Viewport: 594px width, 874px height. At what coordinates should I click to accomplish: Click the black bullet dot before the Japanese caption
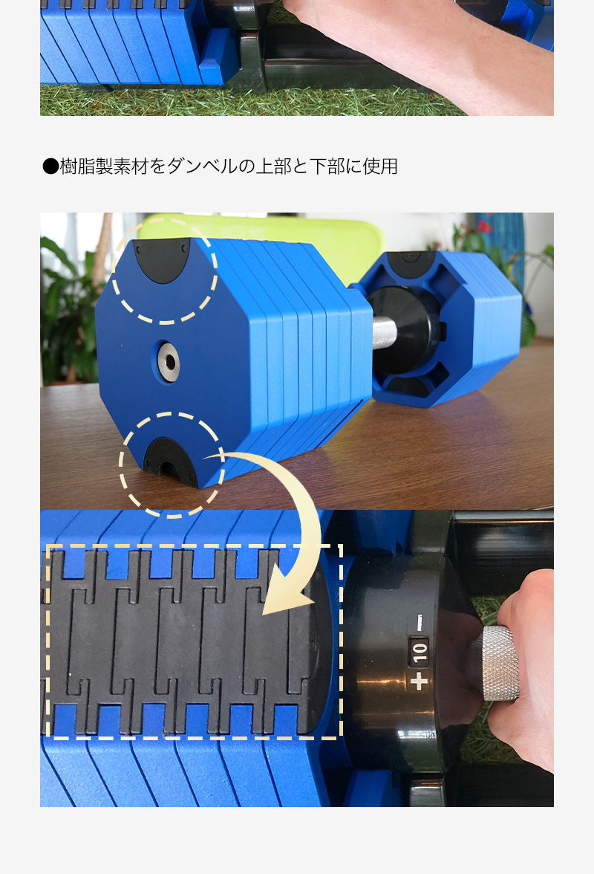[50, 166]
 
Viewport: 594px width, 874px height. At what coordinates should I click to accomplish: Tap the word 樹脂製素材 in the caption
[103, 166]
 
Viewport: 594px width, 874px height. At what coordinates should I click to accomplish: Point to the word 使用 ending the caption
[380, 166]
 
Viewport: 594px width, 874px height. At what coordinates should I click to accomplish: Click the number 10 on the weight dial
[420, 652]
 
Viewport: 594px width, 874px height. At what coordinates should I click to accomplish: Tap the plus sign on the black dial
[419, 681]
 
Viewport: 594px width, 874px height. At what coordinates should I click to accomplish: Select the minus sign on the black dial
[420, 622]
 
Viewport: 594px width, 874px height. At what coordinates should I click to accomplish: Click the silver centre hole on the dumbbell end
[168, 363]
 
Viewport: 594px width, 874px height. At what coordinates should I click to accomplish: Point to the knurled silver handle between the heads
[385, 333]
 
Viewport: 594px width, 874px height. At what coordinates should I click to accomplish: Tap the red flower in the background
[483, 226]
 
